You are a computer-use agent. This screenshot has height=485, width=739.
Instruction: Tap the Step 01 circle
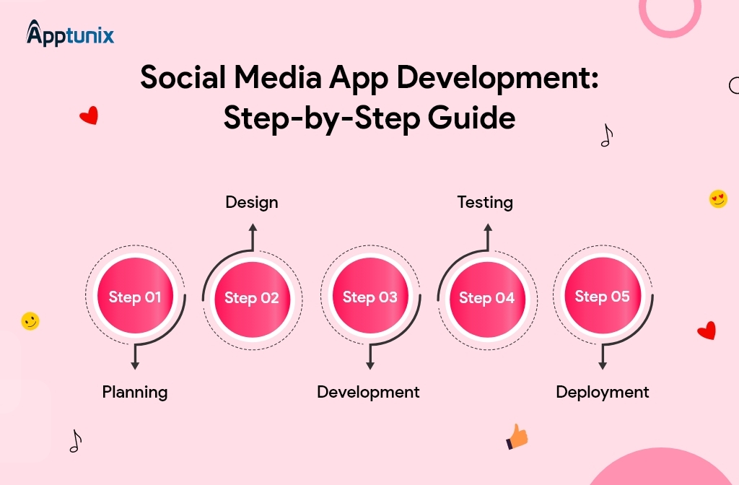(135, 297)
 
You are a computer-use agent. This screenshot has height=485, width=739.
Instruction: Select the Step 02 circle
(251, 297)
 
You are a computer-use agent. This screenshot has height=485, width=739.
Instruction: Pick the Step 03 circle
(369, 297)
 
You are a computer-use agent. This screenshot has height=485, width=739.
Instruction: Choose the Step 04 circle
(486, 297)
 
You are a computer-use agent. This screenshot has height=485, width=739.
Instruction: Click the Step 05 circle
(603, 296)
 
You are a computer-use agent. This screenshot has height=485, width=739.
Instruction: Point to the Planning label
(135, 392)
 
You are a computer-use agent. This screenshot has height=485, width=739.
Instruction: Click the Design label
(251, 202)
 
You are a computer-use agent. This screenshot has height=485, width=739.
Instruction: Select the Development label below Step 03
(368, 392)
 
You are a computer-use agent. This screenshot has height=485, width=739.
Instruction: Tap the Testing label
(485, 202)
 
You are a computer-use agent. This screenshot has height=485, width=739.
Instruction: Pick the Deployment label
(603, 392)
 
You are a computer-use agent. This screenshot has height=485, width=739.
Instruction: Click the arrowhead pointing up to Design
(253, 227)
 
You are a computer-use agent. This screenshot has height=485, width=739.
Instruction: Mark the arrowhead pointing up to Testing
(487, 227)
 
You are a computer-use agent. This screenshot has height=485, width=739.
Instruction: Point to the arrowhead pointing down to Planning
(135, 365)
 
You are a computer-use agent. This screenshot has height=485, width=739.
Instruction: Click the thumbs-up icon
(517, 436)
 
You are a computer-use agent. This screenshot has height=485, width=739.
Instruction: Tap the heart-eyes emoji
(718, 198)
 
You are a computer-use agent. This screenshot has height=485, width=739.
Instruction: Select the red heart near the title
(89, 115)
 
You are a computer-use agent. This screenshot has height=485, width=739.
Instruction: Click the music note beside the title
(606, 135)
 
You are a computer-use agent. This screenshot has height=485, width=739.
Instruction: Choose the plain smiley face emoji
(30, 321)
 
